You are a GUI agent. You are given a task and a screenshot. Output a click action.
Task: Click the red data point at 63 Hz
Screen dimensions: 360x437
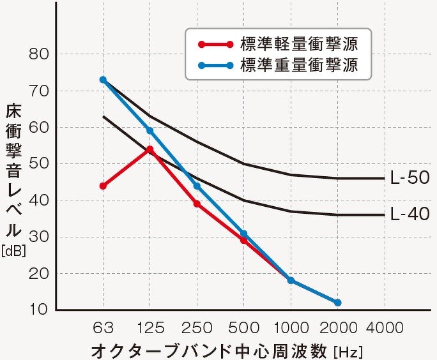click(x=103, y=186)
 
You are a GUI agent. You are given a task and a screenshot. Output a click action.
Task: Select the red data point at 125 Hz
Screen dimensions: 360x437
click(x=149, y=149)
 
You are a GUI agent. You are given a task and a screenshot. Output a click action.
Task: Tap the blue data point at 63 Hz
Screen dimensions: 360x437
click(x=103, y=80)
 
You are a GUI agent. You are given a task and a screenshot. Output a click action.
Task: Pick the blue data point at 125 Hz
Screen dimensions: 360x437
click(x=149, y=131)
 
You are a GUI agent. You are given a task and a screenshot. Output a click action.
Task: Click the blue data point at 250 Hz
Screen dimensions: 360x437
click(x=197, y=186)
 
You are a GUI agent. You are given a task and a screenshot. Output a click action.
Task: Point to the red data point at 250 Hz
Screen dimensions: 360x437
click(x=197, y=204)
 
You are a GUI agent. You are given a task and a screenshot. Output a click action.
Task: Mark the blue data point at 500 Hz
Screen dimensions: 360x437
click(x=243, y=234)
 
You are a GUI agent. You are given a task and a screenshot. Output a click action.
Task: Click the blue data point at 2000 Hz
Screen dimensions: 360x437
click(x=337, y=303)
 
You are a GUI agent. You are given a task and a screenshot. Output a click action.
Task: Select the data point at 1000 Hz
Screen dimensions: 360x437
click(x=291, y=280)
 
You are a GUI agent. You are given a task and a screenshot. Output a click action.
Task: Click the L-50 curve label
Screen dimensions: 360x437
click(x=410, y=179)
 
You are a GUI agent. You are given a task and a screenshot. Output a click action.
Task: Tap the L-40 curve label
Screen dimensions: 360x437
click(x=410, y=214)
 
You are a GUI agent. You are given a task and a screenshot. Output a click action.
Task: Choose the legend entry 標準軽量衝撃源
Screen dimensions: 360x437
click(x=298, y=45)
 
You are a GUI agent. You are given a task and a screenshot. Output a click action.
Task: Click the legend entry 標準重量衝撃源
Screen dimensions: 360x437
click(x=298, y=64)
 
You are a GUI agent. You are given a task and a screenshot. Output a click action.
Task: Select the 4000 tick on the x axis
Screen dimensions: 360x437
click(x=385, y=328)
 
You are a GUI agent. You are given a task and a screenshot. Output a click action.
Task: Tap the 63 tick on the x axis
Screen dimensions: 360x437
click(x=103, y=328)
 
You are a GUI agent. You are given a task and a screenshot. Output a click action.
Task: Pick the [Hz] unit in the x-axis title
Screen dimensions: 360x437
click(x=348, y=351)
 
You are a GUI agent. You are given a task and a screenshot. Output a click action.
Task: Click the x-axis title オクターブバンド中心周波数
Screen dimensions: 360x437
click(x=211, y=350)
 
